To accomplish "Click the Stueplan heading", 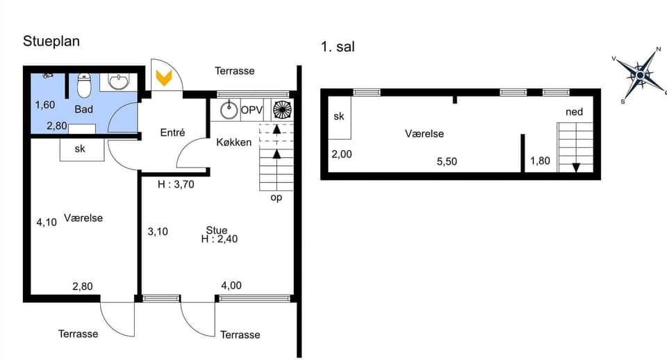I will pyautogui.click(x=51, y=41).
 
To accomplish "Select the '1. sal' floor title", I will pyautogui.click(x=338, y=47).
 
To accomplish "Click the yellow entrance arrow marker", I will pyautogui.click(x=164, y=77).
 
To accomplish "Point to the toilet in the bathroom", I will pyautogui.click(x=84, y=86).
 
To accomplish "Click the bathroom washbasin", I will pyautogui.click(x=119, y=82).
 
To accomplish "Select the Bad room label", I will pyautogui.click(x=84, y=110).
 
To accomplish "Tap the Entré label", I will pyautogui.click(x=172, y=133).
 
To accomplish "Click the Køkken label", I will pyautogui.click(x=234, y=142).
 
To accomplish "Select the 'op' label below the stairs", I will pyautogui.click(x=276, y=198).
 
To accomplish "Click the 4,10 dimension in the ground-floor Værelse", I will pyautogui.click(x=46, y=222).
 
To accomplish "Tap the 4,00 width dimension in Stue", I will pyautogui.click(x=231, y=285).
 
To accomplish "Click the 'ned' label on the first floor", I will pyautogui.click(x=574, y=112).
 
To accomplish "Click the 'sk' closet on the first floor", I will pyautogui.click(x=339, y=117).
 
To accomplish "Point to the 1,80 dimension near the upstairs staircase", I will pyautogui.click(x=540, y=161).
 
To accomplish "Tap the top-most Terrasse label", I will pyautogui.click(x=234, y=71).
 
